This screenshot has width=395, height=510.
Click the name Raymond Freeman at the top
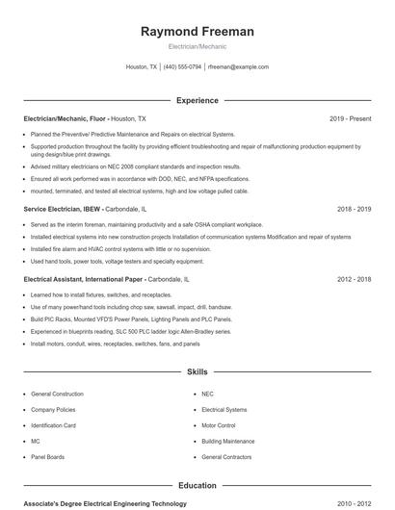pos(197,32)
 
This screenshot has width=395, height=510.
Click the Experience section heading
pos(197,100)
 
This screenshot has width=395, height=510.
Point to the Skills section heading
pos(197,371)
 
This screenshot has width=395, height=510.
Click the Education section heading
pos(197,486)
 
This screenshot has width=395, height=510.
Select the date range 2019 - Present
pos(350,118)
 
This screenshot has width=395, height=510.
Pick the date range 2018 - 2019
pos(354,208)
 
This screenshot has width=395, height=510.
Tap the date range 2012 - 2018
pos(354,279)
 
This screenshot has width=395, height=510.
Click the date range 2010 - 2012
pos(354,503)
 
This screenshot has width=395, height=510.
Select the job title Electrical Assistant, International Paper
pos(83,279)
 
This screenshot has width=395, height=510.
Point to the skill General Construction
pos(57,395)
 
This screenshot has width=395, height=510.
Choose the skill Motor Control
pos(219,425)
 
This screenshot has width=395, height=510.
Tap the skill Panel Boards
pos(48,456)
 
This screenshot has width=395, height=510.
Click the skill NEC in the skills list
pos(207,395)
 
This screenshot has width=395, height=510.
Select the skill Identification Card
pos(53,425)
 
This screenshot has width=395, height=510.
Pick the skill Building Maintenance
pos(228,441)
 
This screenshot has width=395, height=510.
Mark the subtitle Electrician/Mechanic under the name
pos(197,47)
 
